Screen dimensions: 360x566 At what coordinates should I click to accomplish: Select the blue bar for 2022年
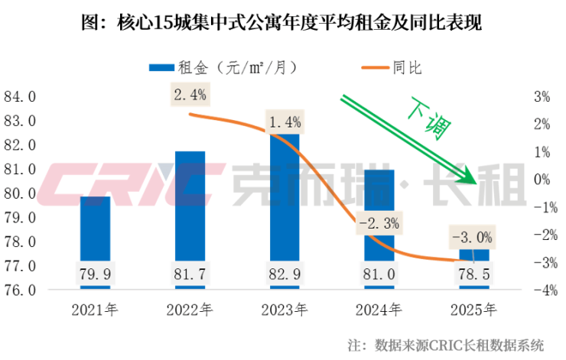click(190, 206)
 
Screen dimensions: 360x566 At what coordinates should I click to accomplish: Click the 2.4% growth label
click(190, 96)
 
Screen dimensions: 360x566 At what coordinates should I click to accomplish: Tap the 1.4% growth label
click(285, 121)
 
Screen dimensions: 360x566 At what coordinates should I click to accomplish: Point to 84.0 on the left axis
click(21, 97)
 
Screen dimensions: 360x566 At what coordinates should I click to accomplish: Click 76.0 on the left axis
click(21, 290)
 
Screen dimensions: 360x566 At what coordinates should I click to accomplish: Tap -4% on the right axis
click(541, 290)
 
